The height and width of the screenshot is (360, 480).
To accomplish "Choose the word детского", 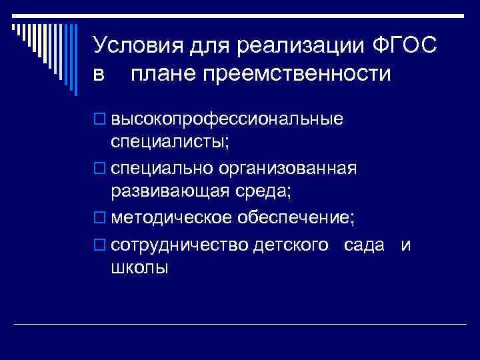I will click(x=291, y=245).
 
